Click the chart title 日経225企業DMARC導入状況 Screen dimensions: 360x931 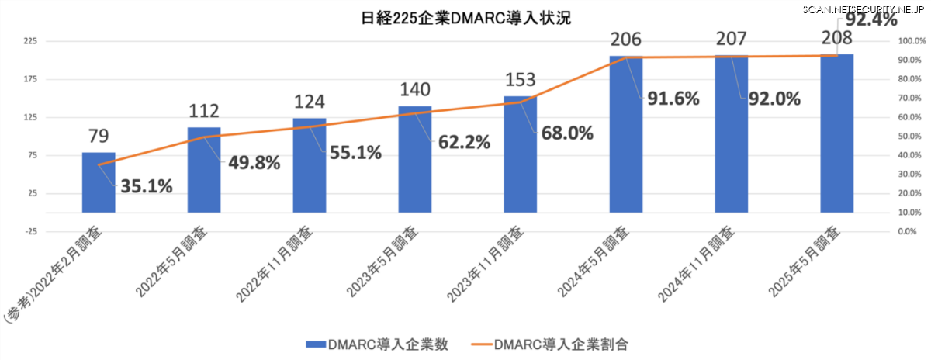click(466, 18)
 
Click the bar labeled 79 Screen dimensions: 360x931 click(99, 182)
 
